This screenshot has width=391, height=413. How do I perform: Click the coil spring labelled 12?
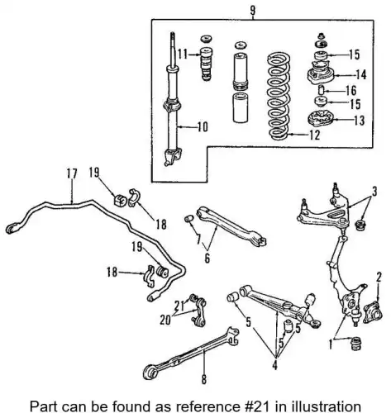click(x=279, y=96)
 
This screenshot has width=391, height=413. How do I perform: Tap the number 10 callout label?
click(x=203, y=127)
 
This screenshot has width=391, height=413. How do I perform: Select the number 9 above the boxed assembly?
click(x=253, y=11)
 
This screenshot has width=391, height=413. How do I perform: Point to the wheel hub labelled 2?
click(x=373, y=311)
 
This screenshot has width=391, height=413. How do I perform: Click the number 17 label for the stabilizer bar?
click(x=72, y=173)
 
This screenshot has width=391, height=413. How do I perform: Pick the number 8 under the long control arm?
click(x=204, y=379)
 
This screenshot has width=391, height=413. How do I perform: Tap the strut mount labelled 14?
click(x=321, y=74)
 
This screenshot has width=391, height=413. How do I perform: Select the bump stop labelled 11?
click(x=205, y=64)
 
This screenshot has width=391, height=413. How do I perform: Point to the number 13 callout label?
click(x=359, y=121)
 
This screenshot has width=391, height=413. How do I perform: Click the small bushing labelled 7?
click(x=188, y=219)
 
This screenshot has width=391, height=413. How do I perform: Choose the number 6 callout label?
click(x=207, y=259)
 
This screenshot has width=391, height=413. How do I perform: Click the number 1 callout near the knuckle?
click(x=331, y=344)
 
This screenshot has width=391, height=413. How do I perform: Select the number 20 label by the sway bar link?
click(x=165, y=320)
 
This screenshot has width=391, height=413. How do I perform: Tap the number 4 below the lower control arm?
click(x=274, y=364)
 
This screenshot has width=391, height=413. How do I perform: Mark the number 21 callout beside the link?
click(x=179, y=305)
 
